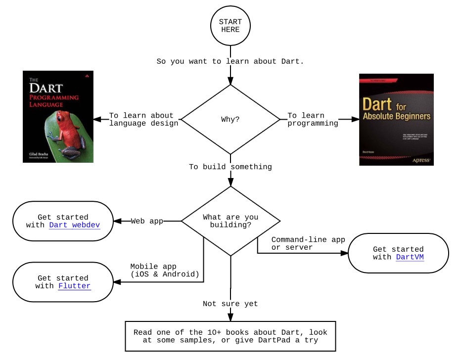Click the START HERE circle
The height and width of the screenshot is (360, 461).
tap(230, 26)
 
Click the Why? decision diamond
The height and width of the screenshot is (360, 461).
tap(230, 119)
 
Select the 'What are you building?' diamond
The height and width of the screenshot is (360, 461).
tap(230, 221)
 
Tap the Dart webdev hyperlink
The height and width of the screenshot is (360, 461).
tap(74, 225)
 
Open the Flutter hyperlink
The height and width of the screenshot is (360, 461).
tap(74, 286)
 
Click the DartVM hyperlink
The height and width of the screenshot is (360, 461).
tap(410, 257)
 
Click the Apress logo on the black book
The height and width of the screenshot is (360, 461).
tap(423, 160)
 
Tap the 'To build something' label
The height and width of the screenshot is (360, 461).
tap(230, 167)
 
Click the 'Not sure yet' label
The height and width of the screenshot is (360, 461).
tap(230, 304)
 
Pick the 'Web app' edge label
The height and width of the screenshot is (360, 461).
tap(147, 221)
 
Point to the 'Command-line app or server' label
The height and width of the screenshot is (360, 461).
tap(308, 243)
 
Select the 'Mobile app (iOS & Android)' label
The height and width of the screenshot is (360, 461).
tap(164, 270)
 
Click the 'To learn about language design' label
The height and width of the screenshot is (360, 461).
tap(143, 119)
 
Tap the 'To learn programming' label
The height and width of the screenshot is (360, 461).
tap(313, 119)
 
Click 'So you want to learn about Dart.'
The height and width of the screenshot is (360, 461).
tap(230, 61)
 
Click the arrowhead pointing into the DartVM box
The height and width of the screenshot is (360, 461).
tap(344, 254)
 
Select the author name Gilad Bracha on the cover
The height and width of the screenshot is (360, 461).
tap(36, 155)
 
